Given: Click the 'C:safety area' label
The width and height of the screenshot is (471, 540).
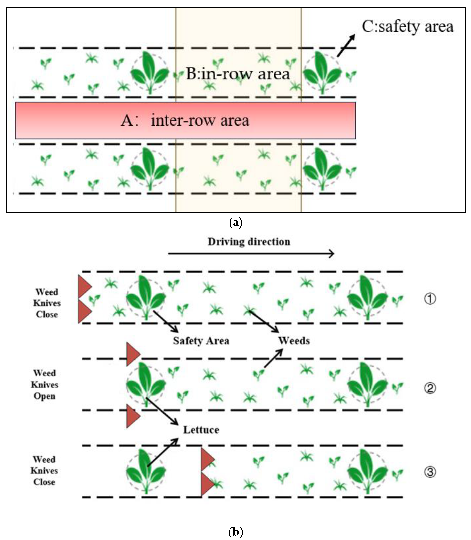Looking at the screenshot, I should pos(407,27).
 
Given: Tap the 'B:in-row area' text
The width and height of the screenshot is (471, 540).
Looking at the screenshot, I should pos(238,74).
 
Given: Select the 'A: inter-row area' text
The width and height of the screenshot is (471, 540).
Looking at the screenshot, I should pos(185,121).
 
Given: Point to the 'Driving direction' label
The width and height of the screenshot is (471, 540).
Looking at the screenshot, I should pos(249,242).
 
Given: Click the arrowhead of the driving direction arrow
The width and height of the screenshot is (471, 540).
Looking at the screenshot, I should pos(332,254).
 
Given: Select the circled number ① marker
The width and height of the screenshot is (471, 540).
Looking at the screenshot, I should pos(430,299).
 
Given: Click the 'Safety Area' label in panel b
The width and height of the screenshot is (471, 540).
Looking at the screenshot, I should pos(201,341).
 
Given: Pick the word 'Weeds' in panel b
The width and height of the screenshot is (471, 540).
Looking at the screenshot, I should pos(294,341).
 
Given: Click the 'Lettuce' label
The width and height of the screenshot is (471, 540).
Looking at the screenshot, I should pos(201,430).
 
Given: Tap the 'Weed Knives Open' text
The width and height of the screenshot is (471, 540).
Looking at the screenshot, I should pos(44,385).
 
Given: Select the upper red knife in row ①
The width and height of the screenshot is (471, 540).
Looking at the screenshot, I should pos(84,286).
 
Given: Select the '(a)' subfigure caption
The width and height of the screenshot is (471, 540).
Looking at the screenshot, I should pos(236,223).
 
